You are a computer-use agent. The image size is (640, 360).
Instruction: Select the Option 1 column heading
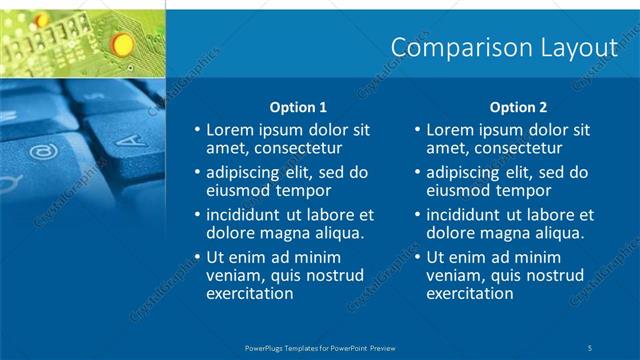point(298,107)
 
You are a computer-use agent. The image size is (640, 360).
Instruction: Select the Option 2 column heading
point(518,107)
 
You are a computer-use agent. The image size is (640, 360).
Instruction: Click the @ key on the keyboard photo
point(43,153)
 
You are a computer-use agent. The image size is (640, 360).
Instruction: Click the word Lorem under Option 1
point(229,130)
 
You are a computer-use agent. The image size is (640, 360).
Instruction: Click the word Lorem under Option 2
point(449,130)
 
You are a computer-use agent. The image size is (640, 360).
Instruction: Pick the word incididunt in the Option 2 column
point(470,214)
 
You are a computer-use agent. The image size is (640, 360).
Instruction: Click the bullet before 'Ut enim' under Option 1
point(197,257)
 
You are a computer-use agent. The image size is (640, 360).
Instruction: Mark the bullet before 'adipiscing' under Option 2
point(417,172)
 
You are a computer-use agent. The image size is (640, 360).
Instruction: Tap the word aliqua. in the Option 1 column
point(335,232)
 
